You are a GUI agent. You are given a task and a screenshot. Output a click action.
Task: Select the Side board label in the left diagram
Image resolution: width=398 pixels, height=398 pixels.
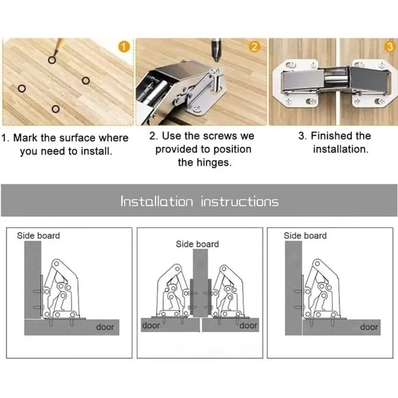tap(38, 235)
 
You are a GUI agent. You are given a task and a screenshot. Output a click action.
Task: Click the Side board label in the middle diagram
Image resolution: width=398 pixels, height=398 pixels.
tap(197, 244)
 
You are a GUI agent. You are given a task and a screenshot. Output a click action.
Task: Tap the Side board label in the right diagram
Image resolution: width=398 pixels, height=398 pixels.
tap(305, 235)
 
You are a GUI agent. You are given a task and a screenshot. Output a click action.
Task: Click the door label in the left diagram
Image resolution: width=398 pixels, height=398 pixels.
tap(104, 327)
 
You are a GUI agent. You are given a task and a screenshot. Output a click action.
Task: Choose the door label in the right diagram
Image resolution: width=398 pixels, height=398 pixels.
tap(369, 327)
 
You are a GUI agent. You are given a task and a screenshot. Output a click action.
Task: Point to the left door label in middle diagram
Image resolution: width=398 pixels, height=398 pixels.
tap(151, 325)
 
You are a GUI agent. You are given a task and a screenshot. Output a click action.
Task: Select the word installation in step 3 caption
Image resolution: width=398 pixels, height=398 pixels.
tap(340, 149)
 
